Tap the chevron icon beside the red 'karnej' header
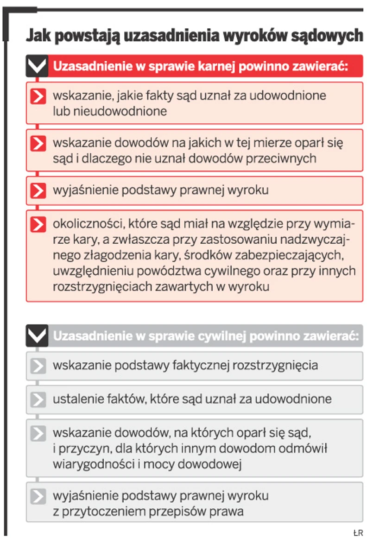point(37,66)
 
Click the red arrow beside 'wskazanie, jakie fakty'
point(38,96)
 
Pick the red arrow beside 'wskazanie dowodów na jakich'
point(38,143)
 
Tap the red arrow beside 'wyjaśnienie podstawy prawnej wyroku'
point(38,190)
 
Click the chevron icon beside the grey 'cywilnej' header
point(37,335)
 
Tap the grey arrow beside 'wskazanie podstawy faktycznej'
point(38,366)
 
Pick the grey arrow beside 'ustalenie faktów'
point(38,399)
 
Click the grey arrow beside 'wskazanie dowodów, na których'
point(38,434)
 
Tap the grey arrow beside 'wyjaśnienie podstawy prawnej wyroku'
point(38,497)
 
